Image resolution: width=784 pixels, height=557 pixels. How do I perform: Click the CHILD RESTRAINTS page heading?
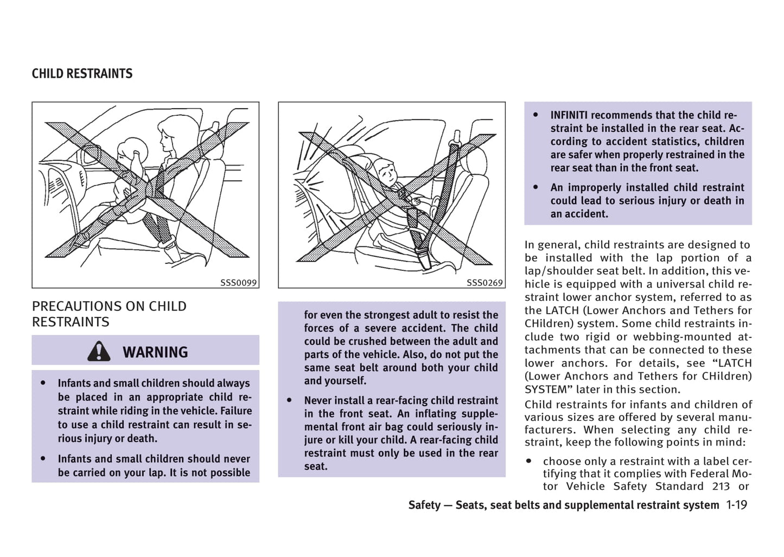point(82,74)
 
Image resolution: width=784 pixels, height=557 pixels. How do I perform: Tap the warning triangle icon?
point(98,352)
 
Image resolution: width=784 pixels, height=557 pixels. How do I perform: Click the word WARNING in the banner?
point(155,352)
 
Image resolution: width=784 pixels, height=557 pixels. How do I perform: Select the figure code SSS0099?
point(238,283)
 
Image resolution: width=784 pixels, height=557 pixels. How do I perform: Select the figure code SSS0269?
point(485,283)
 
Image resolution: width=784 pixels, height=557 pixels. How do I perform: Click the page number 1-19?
point(736,505)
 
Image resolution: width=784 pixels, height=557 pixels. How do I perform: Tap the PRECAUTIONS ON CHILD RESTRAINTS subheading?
point(109,314)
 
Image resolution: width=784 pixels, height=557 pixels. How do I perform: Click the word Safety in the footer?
point(424,505)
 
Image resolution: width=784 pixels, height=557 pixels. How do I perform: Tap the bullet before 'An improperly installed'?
point(536,187)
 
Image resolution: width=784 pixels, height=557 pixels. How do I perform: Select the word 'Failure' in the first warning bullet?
point(235,411)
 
